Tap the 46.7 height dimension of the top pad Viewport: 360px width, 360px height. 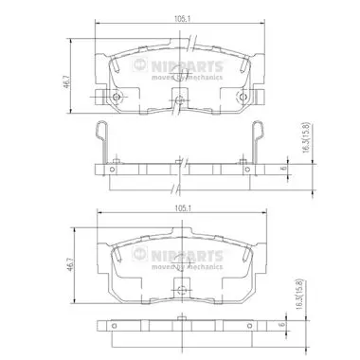click(x=66, y=81)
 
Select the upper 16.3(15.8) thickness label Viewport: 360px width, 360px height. click(x=306, y=138)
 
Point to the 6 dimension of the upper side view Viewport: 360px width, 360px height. click(x=283, y=169)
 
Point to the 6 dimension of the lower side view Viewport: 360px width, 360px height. click(x=282, y=324)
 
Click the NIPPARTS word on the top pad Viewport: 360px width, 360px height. click(x=188, y=66)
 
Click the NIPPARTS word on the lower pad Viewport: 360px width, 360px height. click(x=188, y=256)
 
